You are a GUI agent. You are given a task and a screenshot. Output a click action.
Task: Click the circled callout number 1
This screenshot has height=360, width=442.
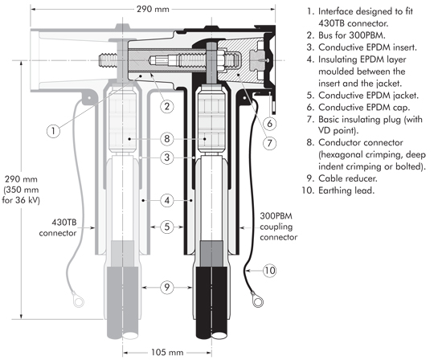(53, 131)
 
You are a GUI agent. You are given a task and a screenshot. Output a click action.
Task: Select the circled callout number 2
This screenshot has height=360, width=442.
(167, 106)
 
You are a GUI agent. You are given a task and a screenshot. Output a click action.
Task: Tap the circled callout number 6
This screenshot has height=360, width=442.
(269, 123)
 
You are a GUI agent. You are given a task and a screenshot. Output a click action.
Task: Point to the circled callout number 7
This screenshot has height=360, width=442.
(269, 143)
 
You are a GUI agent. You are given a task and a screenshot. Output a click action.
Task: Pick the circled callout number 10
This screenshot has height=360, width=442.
(269, 271)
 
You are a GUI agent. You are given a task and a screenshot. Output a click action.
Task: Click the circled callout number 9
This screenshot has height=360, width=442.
(167, 287)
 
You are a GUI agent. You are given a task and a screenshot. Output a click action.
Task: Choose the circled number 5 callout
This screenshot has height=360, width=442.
(167, 227)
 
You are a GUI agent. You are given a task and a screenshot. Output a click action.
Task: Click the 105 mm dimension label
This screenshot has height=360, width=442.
(167, 353)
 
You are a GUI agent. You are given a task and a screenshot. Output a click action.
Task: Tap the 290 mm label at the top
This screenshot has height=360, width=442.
(153, 10)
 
